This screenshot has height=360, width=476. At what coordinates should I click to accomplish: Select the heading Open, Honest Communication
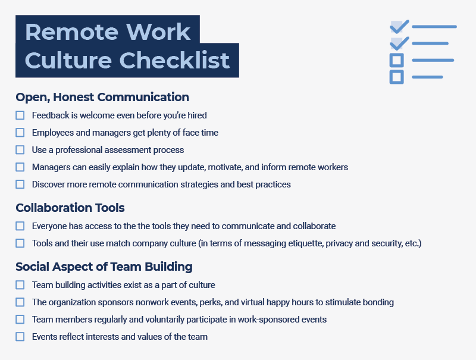pyautogui.click(x=102, y=97)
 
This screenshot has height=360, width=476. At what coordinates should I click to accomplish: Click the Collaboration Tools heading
pyautogui.click(x=70, y=208)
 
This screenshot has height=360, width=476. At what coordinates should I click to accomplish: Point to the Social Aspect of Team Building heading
pyautogui.click(x=104, y=267)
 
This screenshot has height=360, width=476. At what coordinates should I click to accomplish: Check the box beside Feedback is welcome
pyautogui.click(x=20, y=115)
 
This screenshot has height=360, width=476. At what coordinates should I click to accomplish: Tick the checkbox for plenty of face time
pyautogui.click(x=20, y=133)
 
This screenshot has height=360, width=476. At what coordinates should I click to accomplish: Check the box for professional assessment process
pyautogui.click(x=20, y=150)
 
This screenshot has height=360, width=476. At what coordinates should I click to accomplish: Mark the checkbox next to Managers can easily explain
pyautogui.click(x=20, y=167)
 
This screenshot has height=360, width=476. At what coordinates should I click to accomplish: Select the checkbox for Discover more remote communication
pyautogui.click(x=20, y=184)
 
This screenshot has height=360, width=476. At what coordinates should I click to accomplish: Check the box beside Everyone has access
pyautogui.click(x=20, y=226)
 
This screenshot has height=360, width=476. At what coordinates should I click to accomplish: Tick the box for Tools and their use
pyautogui.click(x=20, y=243)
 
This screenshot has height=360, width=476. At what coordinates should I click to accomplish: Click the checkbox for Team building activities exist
pyautogui.click(x=20, y=285)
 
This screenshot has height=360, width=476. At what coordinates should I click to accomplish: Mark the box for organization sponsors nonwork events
pyautogui.click(x=20, y=302)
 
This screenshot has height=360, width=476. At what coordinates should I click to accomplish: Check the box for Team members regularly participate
pyautogui.click(x=20, y=320)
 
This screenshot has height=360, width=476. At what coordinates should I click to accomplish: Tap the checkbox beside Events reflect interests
pyautogui.click(x=20, y=337)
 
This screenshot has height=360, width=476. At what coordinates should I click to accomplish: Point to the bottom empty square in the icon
pyautogui.click(x=396, y=77)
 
